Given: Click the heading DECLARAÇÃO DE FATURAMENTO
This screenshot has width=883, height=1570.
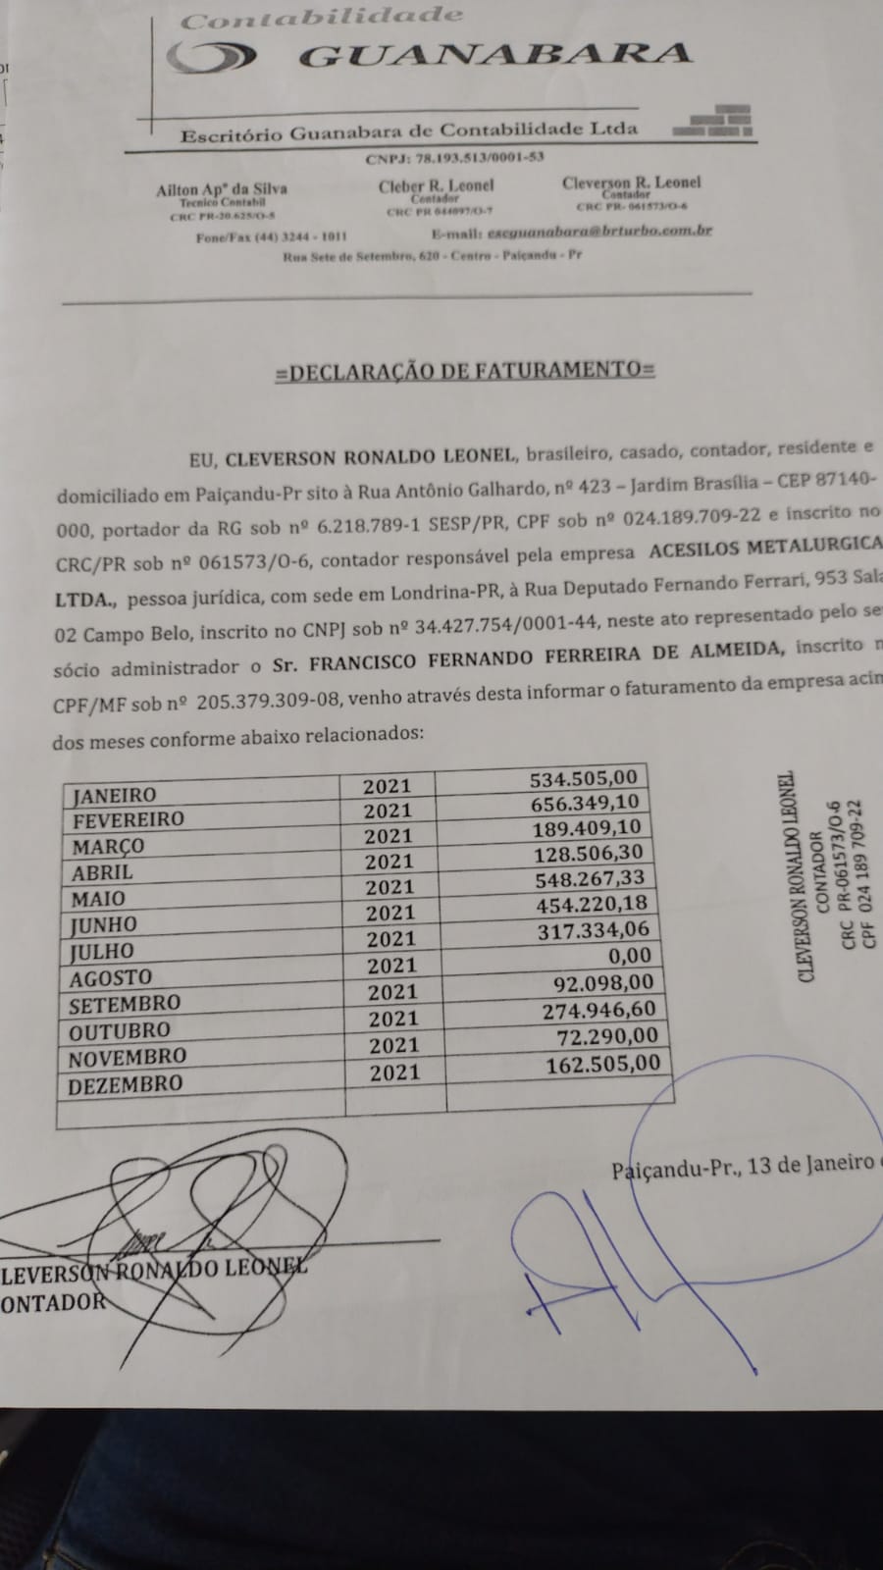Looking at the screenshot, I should (465, 370).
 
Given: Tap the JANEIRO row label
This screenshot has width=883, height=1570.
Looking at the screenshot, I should (114, 795).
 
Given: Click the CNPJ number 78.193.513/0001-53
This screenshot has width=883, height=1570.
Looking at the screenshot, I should (454, 157).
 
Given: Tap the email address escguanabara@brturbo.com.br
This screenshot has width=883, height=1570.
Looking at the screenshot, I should (598, 232).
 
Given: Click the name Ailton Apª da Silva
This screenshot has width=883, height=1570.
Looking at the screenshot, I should (221, 189).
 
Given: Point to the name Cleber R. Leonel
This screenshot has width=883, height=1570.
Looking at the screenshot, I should (437, 185).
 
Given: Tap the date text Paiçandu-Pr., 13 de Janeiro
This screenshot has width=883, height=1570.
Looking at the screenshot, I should (742, 1166).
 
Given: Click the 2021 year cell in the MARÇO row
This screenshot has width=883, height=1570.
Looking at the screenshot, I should (388, 836).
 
